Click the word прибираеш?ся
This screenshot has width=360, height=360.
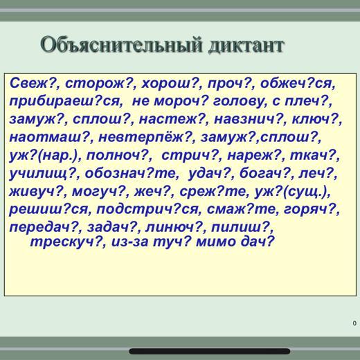pyautogui.click(x=66, y=102)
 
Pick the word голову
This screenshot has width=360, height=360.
pyautogui.click(x=240, y=102)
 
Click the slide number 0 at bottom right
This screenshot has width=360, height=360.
pyautogui.click(x=354, y=323)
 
